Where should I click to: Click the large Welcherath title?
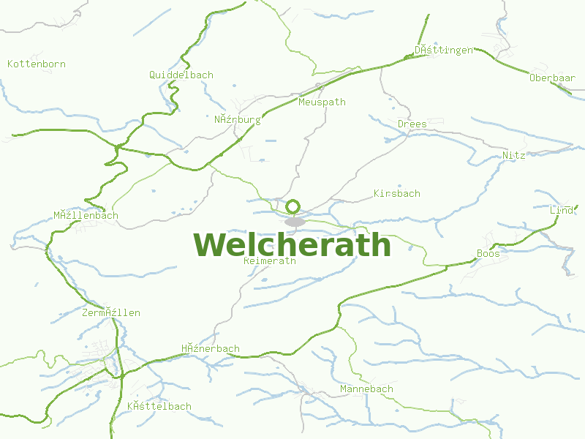pos(292,244)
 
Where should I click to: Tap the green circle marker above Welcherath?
pos(293,206)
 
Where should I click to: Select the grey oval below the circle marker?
pos(295,221)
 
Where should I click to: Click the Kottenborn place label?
pos(37,64)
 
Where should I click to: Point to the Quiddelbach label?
pos(181,75)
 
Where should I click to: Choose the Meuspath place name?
pos(322,102)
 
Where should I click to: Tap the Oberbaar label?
pos(552,78)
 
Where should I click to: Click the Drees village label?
pos(412,124)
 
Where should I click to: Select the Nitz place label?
pos(514,155)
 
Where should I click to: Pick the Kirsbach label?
pos(396,193)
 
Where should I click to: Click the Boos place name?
pos(488,253)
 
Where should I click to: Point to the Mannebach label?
pos(366,389)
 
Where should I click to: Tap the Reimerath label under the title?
pos(269,260)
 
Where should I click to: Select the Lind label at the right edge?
pos(562,210)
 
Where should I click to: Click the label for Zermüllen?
pos(111,312)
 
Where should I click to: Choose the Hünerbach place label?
pos(211,348)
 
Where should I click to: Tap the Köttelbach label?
pos(159,406)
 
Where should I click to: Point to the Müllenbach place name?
pos(86,215)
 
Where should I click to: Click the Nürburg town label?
pos(237,119)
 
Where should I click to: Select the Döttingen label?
pos(443,50)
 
